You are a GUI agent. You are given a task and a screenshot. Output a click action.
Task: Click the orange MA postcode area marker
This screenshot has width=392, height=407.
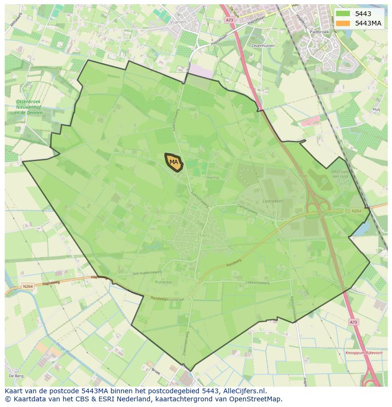coord(174,162)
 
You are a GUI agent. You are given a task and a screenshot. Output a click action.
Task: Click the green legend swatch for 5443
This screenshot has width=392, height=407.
coord(343,14)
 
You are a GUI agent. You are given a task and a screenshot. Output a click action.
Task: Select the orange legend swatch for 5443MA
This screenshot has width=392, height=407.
coord(343,23)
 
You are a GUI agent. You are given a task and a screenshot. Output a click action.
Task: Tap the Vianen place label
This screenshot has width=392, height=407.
coord(178,22)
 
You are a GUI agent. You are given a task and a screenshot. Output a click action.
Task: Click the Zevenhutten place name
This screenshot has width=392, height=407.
coord(263,46)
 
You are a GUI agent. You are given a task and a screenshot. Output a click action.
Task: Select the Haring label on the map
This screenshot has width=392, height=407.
coord(213,178)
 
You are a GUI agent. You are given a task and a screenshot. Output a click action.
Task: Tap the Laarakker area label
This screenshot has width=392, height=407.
coord(272,201)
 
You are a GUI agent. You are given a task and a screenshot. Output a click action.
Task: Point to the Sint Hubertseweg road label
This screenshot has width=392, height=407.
coord(147,273)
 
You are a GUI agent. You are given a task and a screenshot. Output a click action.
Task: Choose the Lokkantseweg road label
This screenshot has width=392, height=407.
coord(257,283)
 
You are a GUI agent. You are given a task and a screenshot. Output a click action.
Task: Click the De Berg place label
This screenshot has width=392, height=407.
coord(16,376)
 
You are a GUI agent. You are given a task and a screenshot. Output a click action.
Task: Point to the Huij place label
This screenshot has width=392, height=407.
coord(376,109)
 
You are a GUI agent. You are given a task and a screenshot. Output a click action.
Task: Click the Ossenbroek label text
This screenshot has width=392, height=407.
coord(28,102)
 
